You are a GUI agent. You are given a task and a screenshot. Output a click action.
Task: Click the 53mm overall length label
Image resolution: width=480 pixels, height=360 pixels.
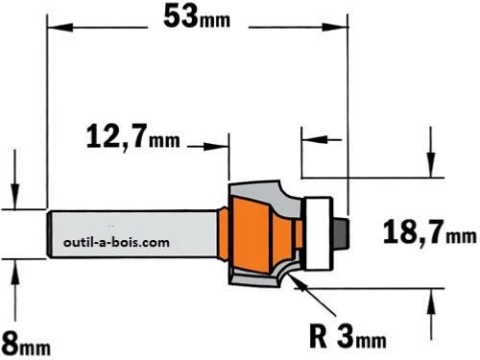click(x=197, y=16)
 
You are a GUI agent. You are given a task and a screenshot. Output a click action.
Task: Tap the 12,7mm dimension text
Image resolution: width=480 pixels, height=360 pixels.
click(x=133, y=136)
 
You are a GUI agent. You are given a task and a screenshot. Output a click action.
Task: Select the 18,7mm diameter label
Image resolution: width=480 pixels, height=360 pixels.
click(x=429, y=232)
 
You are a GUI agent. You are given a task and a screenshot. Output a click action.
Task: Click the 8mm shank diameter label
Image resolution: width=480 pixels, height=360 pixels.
click(x=26, y=344)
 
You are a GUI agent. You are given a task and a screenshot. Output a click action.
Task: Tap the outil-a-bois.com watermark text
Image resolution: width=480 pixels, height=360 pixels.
click(x=116, y=242)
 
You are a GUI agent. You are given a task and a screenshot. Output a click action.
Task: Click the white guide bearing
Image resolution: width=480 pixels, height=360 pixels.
click(x=319, y=233)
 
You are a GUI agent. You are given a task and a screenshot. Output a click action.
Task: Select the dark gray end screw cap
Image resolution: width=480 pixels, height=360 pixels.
click(x=341, y=233)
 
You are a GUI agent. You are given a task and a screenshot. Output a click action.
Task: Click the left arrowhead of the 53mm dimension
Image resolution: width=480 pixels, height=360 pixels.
click(x=60, y=27)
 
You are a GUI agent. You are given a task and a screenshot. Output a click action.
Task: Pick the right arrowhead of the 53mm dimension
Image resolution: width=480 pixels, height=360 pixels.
click(x=335, y=27)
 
